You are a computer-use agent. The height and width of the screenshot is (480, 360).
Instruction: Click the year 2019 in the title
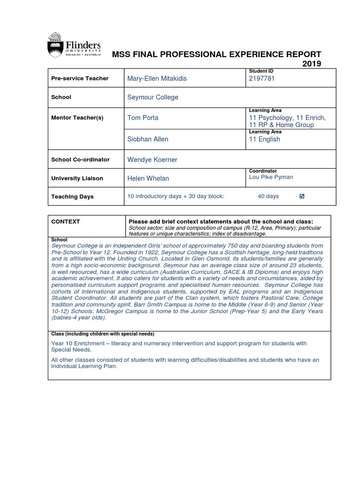312,64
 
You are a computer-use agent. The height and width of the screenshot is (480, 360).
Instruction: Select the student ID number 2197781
262,78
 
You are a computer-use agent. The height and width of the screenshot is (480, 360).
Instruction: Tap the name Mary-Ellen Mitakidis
157,78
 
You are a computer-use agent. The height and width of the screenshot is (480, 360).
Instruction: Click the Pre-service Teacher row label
80,78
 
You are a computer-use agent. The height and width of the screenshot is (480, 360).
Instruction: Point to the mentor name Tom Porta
143,118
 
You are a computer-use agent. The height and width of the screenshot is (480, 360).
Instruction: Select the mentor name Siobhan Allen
148,139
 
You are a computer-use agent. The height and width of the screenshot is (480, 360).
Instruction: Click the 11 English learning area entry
264,139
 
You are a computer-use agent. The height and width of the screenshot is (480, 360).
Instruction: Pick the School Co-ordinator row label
80,159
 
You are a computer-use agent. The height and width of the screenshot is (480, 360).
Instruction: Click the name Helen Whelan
148,178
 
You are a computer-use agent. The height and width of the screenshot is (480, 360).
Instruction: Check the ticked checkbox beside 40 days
302,196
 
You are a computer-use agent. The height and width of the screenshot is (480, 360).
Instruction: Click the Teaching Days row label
72,197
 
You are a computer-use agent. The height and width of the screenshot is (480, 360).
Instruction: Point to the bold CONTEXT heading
66,221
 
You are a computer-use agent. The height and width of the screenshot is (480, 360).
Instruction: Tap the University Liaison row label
77,179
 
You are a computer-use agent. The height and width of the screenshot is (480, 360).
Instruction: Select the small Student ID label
261,71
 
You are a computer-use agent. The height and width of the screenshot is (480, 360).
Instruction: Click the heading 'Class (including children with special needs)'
102,334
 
